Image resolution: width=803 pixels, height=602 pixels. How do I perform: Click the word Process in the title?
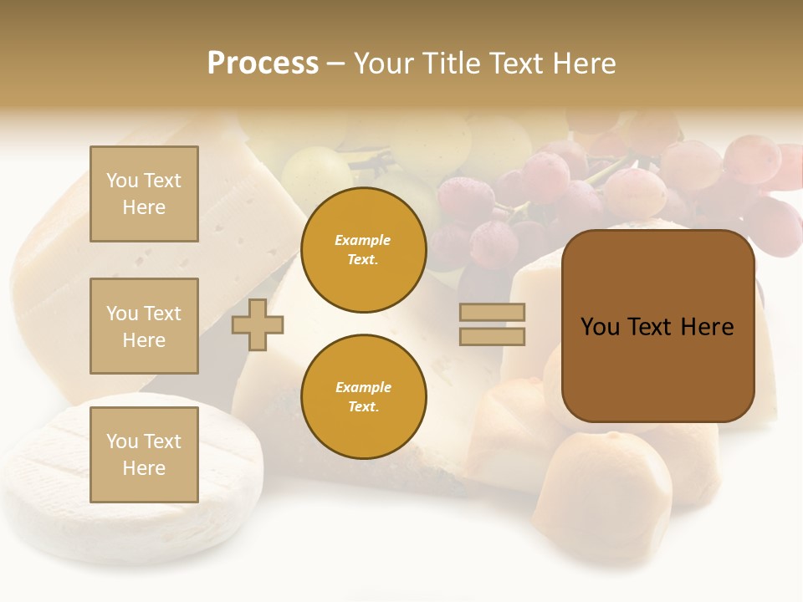263,64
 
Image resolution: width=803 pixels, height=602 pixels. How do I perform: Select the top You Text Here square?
144,194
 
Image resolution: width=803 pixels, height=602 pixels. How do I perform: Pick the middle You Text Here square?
144,326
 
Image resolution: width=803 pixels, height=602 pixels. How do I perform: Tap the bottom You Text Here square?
144,454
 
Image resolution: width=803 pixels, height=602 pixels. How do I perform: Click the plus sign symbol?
258,324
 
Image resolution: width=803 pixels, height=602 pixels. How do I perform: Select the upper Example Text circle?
363,250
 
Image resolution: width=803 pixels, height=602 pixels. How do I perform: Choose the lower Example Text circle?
363,396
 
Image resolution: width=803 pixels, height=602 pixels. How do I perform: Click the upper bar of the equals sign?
492,312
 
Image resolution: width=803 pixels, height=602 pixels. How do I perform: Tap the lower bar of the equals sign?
492,336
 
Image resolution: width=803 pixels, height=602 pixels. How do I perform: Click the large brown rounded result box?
657,326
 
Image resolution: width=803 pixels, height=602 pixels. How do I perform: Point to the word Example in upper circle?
363,240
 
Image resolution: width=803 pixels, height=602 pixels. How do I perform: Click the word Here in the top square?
144,207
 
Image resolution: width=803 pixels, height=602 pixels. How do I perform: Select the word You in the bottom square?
120,441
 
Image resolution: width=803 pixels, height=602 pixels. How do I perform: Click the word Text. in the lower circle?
363,406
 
